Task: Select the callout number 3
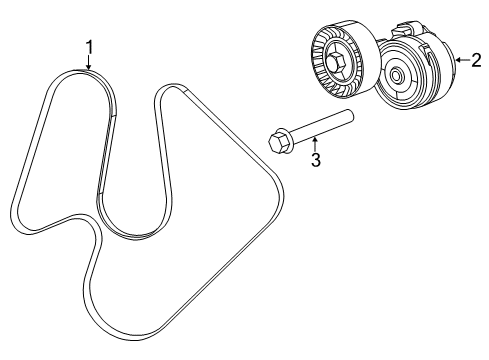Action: pyautogui.click(x=315, y=160)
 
